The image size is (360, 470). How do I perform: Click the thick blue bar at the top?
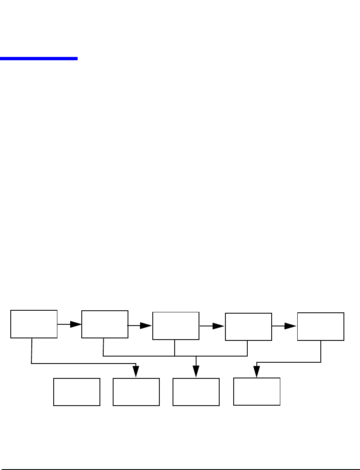[39, 59]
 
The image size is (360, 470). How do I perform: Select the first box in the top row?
[34, 324]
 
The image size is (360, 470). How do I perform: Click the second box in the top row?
[105, 324]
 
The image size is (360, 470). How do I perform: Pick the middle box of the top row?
[176, 326]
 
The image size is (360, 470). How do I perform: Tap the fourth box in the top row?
[249, 327]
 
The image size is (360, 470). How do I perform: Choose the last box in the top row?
[321, 326]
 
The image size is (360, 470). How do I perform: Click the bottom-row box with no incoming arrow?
[77, 392]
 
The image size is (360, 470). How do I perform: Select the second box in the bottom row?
[136, 392]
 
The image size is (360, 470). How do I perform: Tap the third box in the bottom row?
[196, 392]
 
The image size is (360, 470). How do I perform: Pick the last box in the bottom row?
[257, 391]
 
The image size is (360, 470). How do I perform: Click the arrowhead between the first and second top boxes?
[76, 324]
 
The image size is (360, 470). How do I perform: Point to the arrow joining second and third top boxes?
[146, 326]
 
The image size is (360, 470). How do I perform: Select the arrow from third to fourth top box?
[218, 326]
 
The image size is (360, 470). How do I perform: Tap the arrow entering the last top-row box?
[290, 326]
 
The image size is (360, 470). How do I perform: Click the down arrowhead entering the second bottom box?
[136, 372]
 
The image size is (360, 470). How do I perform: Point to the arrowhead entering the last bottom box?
[257, 372]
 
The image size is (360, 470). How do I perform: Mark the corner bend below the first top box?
[31, 364]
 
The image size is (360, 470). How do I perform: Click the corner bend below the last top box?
[321, 362]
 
